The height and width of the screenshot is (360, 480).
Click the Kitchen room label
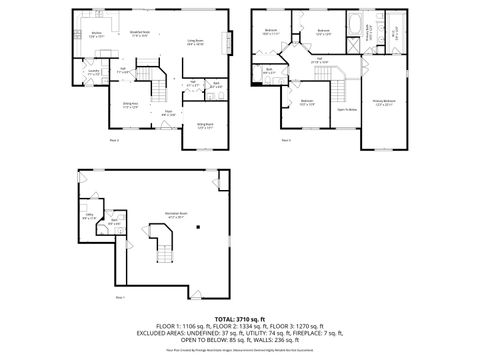point(97,35)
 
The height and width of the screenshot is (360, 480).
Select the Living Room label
point(195,42)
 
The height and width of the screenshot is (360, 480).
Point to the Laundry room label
point(92,72)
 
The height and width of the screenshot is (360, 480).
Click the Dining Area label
point(130,106)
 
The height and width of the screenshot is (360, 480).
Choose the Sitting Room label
point(203,125)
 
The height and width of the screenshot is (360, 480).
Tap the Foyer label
point(168,113)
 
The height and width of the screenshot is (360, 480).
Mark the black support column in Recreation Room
point(198,224)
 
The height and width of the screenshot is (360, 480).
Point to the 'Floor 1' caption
point(120,297)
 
